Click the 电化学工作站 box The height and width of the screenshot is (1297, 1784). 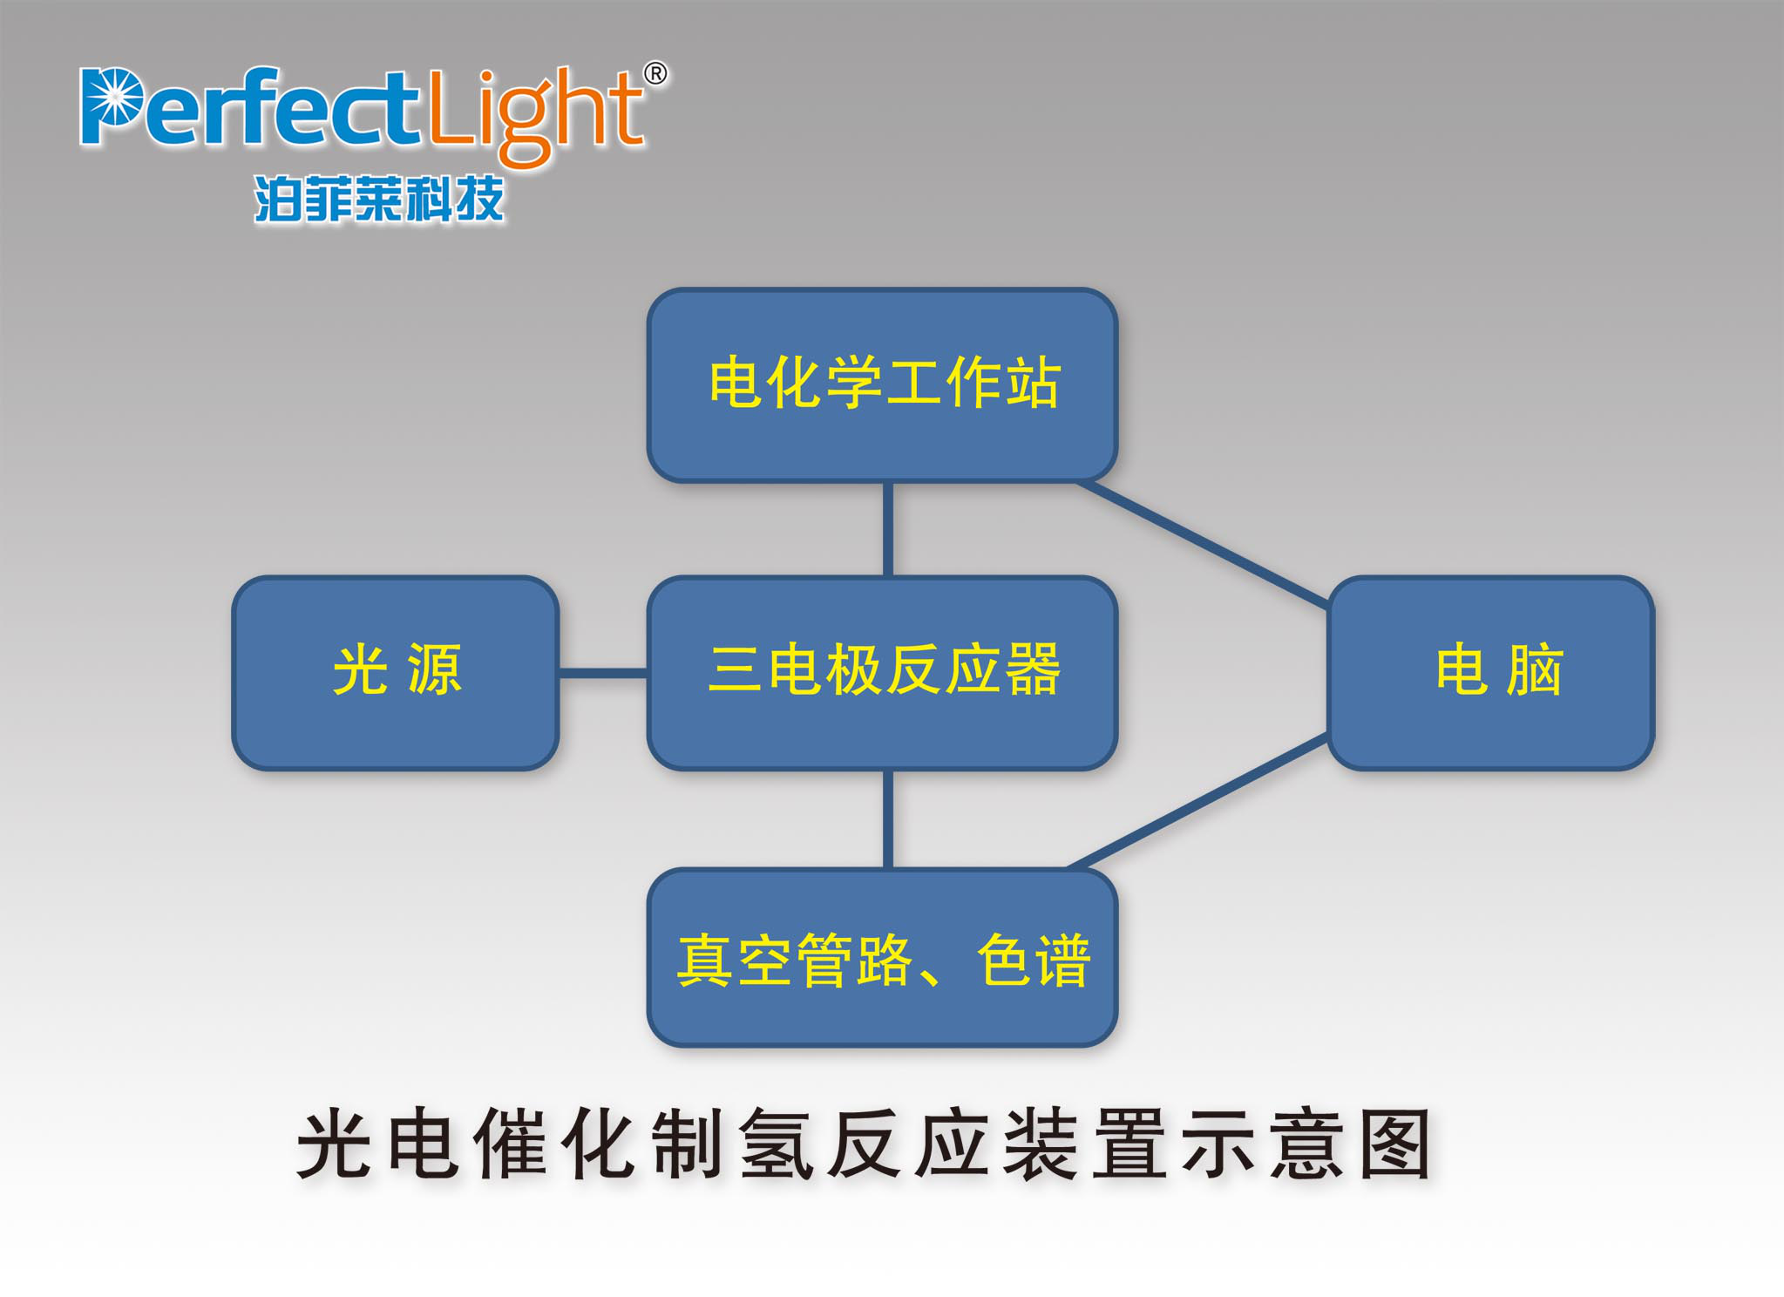(x=882, y=384)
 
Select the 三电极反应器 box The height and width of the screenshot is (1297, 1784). (x=882, y=672)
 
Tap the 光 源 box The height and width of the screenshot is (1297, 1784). (x=395, y=672)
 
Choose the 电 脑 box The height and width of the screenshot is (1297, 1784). (x=1490, y=672)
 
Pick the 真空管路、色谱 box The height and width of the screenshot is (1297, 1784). (x=882, y=957)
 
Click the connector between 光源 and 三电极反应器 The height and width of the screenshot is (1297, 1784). (x=602, y=673)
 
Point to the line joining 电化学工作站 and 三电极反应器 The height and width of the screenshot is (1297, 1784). (x=888, y=528)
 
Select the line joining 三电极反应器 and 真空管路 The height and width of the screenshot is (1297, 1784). (x=888, y=818)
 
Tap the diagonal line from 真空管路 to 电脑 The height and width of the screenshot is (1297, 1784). (x=1198, y=802)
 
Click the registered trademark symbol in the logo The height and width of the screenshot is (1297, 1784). (x=655, y=74)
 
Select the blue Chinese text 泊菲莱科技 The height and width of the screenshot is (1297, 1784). (x=379, y=199)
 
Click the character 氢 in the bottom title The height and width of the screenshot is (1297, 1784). (x=777, y=1144)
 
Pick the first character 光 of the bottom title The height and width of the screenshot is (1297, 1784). (x=336, y=1144)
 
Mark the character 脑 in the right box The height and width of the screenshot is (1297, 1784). (x=1535, y=670)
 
